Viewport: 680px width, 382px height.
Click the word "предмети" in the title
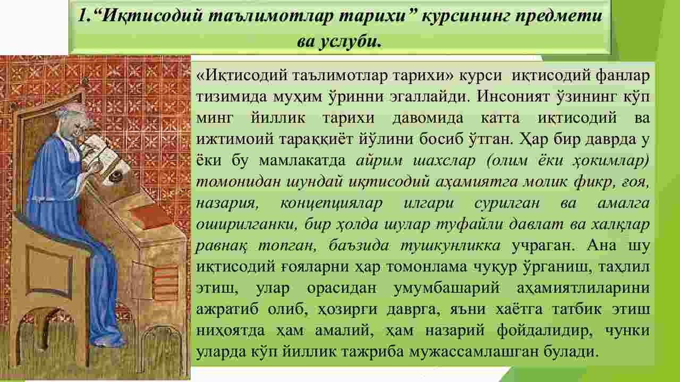(x=558, y=16)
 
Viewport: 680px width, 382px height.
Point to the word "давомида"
(x=428, y=118)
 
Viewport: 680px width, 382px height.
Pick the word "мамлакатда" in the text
(x=302, y=160)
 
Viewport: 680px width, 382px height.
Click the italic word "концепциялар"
(x=331, y=203)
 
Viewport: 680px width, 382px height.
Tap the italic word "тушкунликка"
(x=450, y=245)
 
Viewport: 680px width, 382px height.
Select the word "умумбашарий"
(x=447, y=288)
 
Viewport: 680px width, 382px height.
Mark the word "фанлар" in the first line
(x=622, y=75)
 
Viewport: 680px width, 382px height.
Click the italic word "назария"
(x=227, y=203)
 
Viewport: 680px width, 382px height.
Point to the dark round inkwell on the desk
(x=115, y=176)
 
